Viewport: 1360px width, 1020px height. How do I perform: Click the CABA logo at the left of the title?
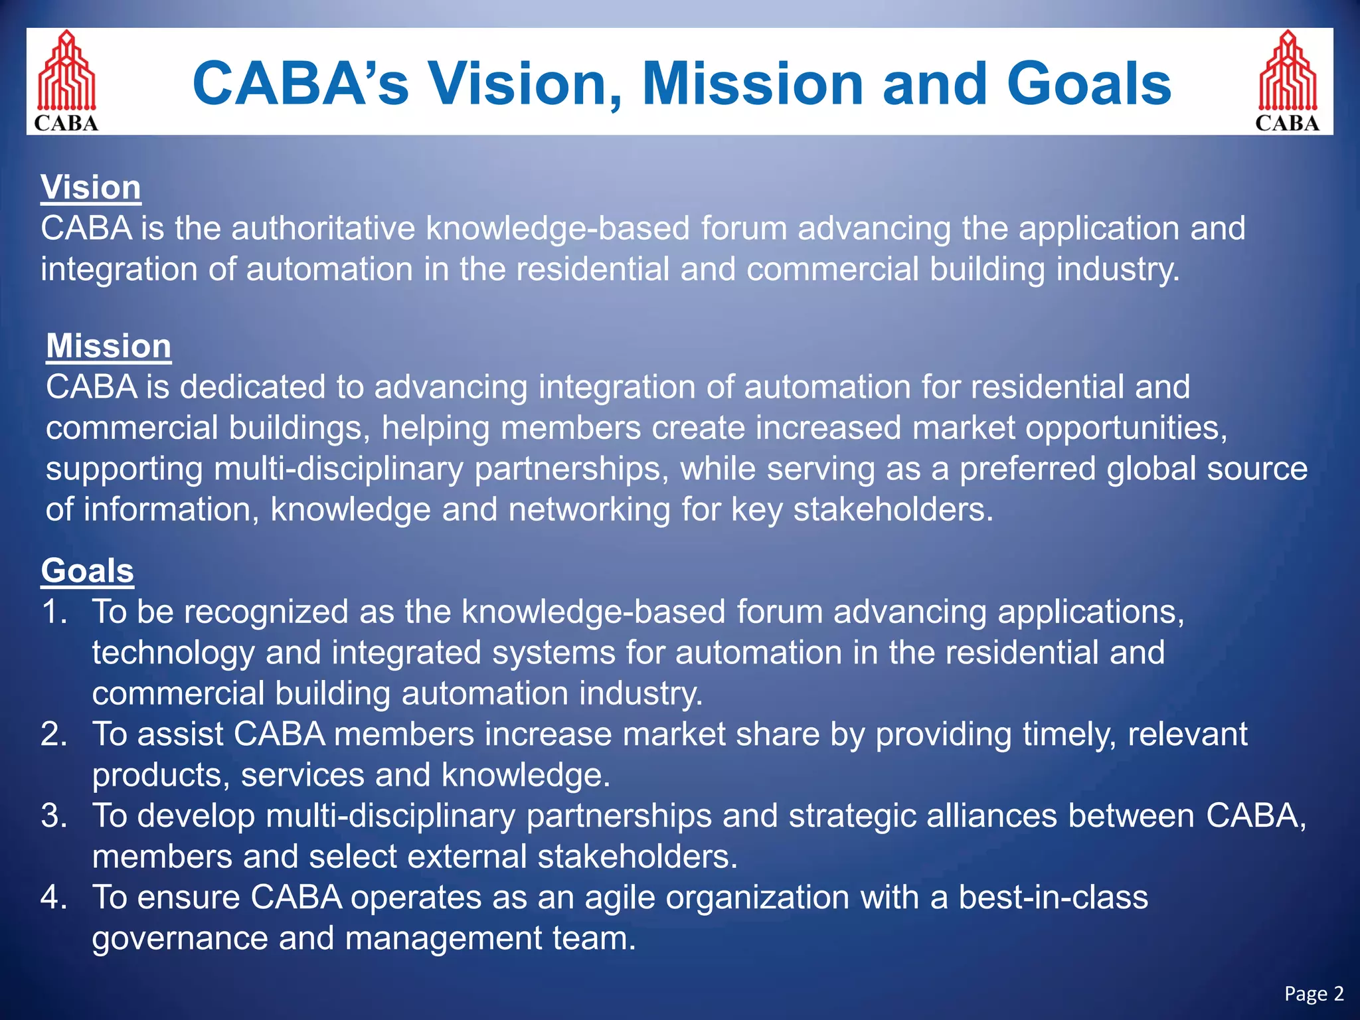(x=66, y=81)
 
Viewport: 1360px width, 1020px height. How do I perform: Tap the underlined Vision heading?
(x=90, y=187)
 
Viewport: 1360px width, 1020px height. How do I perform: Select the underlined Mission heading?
(x=108, y=346)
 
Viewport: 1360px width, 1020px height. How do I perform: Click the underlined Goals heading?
(x=87, y=570)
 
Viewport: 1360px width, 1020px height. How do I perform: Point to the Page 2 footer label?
(x=1314, y=993)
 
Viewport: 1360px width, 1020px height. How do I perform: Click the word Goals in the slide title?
(x=1089, y=84)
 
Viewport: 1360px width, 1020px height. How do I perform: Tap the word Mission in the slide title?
(x=752, y=84)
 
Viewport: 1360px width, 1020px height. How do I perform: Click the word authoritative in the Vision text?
(x=322, y=228)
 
